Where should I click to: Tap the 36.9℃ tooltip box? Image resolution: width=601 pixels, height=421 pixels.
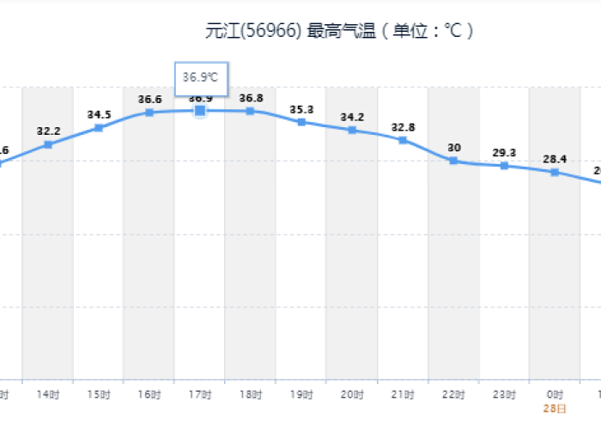[x=201, y=77]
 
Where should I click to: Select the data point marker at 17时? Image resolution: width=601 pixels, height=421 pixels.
[x=200, y=110]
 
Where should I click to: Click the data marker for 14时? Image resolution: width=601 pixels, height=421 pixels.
[x=48, y=144]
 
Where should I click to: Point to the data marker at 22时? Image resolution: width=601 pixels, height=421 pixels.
[x=453, y=161]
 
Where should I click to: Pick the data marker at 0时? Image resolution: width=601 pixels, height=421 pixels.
[x=555, y=172]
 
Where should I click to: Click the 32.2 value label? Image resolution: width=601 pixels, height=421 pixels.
[x=48, y=131]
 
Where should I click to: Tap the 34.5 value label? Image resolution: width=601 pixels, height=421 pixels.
[x=99, y=114]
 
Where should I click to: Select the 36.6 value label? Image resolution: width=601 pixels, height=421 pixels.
[x=149, y=100]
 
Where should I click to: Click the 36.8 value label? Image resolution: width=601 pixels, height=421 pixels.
[x=251, y=98]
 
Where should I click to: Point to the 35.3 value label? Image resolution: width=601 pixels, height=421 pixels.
[x=301, y=109]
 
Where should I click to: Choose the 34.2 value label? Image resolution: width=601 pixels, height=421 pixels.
[x=352, y=117]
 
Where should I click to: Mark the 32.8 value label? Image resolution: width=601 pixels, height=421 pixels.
[x=403, y=127]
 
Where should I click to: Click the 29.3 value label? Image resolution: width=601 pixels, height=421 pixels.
[x=504, y=152]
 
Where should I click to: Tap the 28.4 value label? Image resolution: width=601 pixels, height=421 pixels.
[x=555, y=159]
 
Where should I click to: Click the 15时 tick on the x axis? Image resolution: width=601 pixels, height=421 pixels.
[x=99, y=394]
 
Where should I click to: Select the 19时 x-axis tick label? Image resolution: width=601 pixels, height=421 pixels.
[x=301, y=394]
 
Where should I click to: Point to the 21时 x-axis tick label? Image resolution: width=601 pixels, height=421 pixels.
[x=403, y=394]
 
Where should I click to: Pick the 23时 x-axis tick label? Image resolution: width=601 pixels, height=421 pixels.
[x=504, y=394]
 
